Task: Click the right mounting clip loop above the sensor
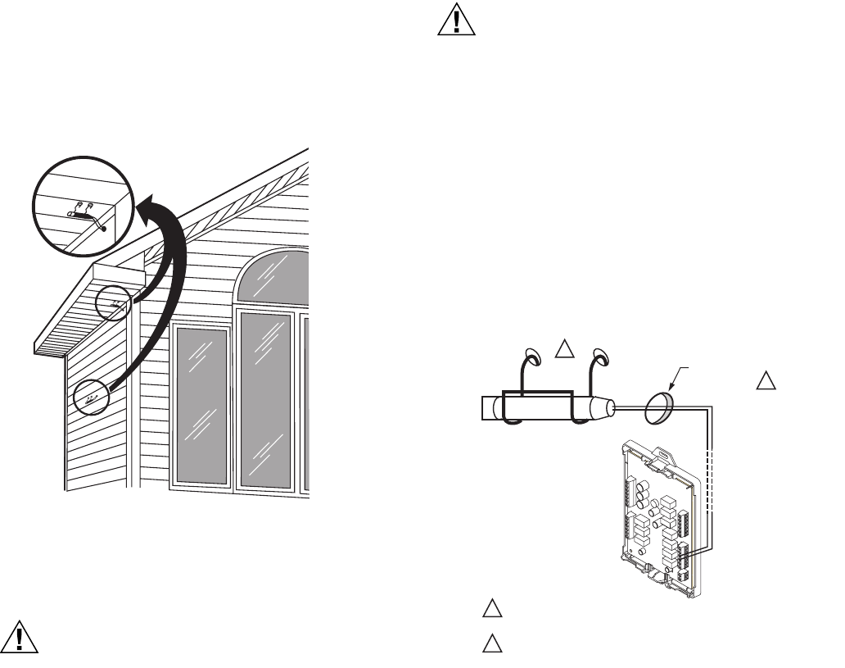[x=601, y=357]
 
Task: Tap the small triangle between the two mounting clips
[x=564, y=350]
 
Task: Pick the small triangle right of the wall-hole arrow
[x=765, y=381]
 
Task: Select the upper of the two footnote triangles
[x=490, y=609]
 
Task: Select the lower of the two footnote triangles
[x=490, y=643]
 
